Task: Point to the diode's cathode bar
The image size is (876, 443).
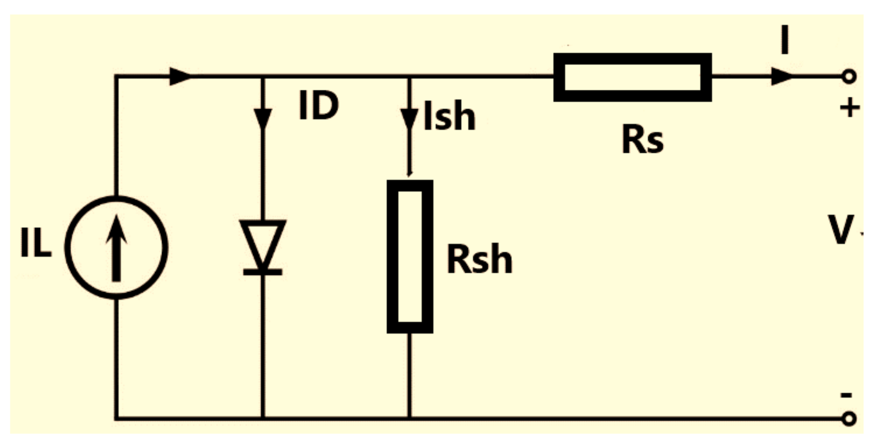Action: [263, 272]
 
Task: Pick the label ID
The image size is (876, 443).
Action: [318, 106]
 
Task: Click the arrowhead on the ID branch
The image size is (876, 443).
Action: [263, 118]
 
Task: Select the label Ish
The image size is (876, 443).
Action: [449, 117]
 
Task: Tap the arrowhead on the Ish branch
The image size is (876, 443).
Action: [409, 119]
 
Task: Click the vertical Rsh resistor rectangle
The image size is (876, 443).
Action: [410, 256]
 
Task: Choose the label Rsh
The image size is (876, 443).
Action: [479, 259]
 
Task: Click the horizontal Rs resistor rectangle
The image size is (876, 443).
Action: [632, 77]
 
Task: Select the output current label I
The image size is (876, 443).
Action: [785, 40]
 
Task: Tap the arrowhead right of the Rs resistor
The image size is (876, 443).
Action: [781, 77]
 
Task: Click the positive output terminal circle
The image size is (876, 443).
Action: [849, 77]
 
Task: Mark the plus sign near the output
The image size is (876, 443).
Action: [850, 108]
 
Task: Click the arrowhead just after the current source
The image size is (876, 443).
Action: [180, 77]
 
